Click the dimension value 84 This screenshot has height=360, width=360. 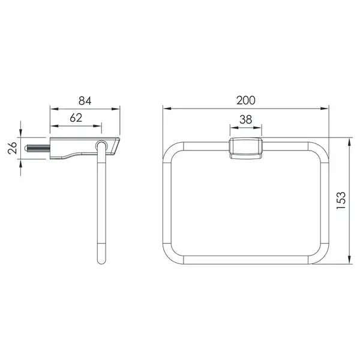tap(85, 101)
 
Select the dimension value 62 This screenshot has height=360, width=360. tap(76, 118)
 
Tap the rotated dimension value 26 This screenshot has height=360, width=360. tap(13, 148)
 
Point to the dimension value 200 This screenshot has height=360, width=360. tap(245, 100)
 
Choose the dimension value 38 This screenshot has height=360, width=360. tap(245, 119)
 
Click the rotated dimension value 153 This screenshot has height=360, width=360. tap(341, 200)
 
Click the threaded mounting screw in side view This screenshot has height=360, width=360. tap(37, 148)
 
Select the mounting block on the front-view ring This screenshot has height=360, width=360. tap(245, 148)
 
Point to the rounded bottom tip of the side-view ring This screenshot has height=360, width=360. tap(101, 262)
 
